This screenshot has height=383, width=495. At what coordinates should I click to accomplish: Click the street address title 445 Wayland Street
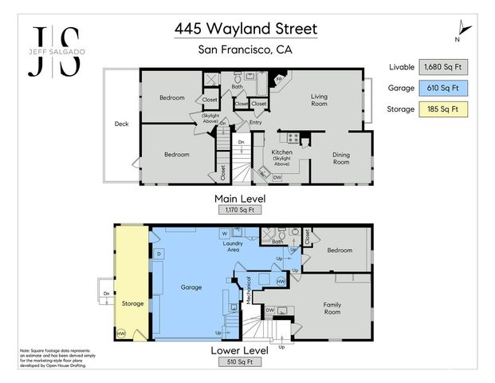tap(246, 29)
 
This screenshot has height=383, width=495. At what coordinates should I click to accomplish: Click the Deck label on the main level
tap(121, 124)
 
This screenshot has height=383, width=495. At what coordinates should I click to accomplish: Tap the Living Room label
tap(319, 101)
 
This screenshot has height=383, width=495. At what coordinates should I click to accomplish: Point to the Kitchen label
tap(281, 152)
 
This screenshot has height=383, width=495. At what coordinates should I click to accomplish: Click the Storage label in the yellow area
tap(132, 303)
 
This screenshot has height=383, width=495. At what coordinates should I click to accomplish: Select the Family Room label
tap(332, 309)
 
